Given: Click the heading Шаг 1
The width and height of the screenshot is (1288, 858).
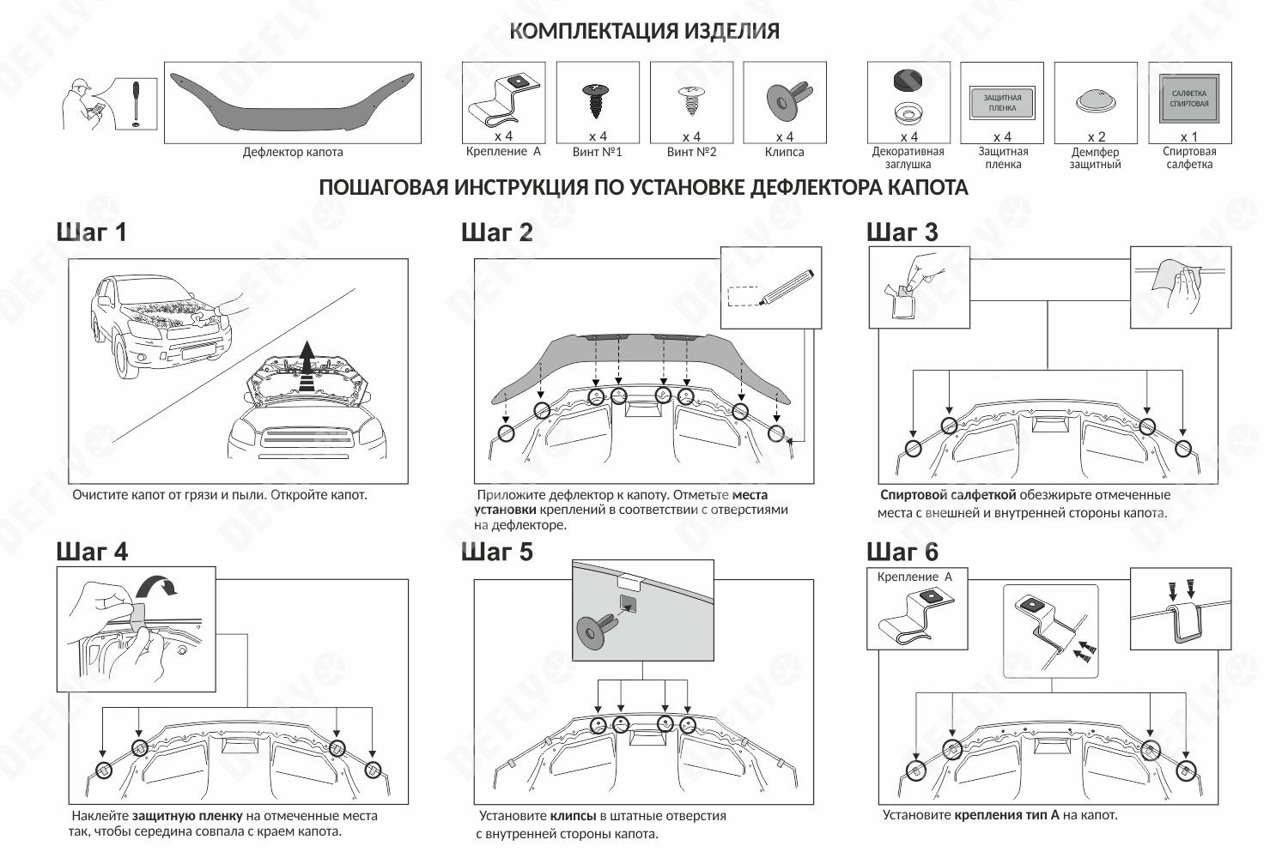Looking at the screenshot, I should click(91, 232).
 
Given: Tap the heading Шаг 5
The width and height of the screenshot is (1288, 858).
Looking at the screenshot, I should click(496, 552).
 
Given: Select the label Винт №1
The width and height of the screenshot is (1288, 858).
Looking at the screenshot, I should click(597, 152).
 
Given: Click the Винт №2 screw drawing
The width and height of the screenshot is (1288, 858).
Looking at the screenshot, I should click(690, 100).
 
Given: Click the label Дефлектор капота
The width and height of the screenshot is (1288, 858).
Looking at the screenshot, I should click(292, 152).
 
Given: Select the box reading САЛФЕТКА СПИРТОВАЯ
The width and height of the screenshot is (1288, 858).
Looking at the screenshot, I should click(1189, 99).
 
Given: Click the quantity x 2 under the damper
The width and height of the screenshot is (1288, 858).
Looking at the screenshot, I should click(1097, 136).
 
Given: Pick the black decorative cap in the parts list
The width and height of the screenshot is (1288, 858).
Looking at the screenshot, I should click(908, 80).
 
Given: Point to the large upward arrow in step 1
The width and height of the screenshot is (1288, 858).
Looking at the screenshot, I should click(306, 365).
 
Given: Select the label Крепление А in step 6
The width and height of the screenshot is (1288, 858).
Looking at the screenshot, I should click(914, 577).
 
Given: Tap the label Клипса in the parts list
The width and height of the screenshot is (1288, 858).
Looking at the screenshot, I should click(784, 152).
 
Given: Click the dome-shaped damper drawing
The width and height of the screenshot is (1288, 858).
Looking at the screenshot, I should click(1096, 101).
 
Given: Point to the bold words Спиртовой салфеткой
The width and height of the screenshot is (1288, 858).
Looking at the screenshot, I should click(948, 495).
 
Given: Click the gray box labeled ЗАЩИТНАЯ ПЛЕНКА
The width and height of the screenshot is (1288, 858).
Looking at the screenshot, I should click(1002, 102).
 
